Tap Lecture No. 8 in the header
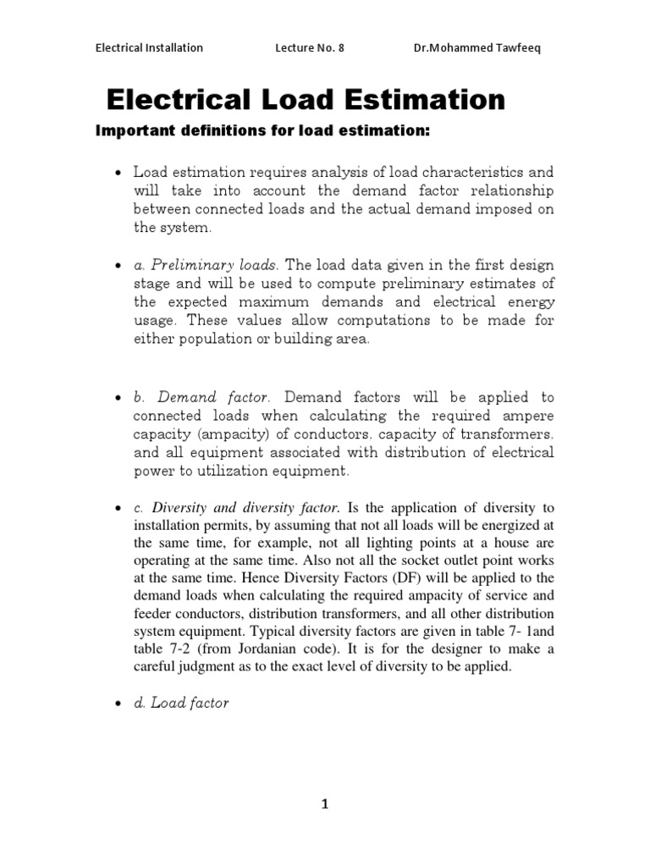tap(310, 47)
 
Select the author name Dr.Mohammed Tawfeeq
tap(476, 47)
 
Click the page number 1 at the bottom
tap(324, 805)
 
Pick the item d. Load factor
tap(181, 703)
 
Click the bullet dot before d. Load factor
tap(118, 704)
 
